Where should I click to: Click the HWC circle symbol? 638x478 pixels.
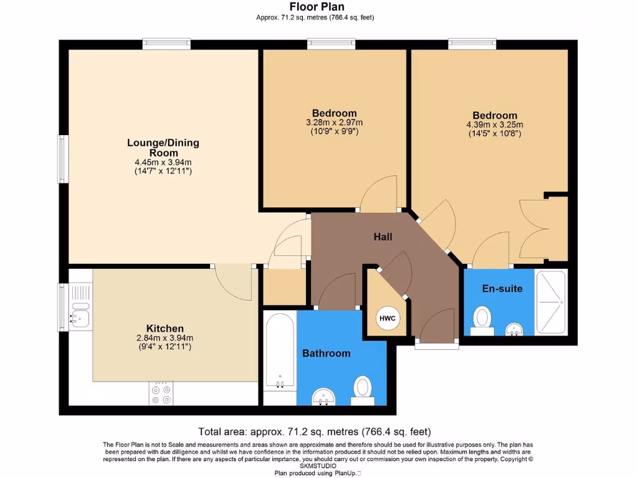[388, 318]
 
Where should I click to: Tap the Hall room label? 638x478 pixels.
[383, 237]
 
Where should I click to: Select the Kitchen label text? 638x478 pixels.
[164, 329]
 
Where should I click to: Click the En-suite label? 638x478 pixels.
[502, 289]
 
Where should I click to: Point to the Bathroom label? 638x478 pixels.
[326, 354]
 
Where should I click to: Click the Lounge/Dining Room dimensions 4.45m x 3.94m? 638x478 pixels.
[163, 162]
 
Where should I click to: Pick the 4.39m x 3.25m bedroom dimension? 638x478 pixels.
[495, 124]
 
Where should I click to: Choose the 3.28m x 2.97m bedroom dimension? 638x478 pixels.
[335, 123]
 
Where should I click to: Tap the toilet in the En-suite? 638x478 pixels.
[482, 321]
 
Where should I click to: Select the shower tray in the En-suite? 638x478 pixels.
[551, 302]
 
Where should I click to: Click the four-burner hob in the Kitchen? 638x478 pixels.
[161, 393]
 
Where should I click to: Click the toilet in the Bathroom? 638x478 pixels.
[362, 391]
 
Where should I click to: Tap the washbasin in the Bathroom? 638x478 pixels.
[324, 396]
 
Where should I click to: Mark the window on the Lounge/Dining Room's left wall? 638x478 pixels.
[63, 159]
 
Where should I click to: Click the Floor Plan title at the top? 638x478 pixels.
[317, 6]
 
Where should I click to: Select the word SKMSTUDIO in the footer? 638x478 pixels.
[318, 466]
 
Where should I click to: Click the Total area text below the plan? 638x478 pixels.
[315, 431]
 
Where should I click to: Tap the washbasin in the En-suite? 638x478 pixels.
[515, 329]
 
